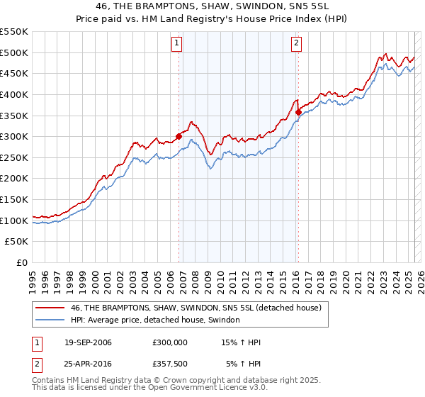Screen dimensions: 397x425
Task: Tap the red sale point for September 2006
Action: tap(178, 137)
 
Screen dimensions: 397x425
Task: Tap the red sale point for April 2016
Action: tap(299, 112)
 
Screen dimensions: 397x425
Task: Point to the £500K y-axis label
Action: tap(14, 52)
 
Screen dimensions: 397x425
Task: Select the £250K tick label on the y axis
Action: tap(14, 157)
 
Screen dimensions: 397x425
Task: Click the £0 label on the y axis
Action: tap(23, 262)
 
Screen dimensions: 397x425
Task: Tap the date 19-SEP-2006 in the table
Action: tap(88, 342)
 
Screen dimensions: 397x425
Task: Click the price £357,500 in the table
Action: tap(170, 364)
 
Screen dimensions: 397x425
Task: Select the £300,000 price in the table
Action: tap(170, 342)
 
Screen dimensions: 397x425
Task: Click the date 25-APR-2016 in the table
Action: tap(88, 364)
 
